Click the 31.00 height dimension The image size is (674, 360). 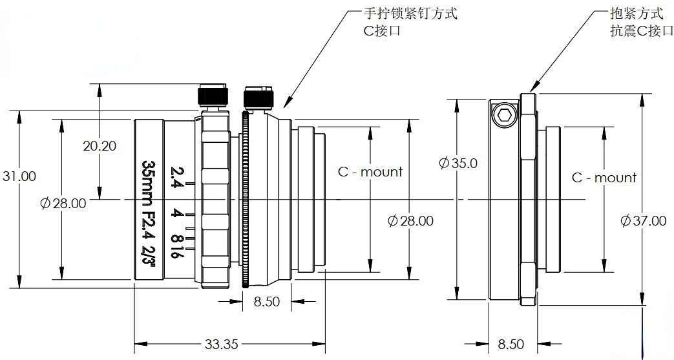pos(19,176)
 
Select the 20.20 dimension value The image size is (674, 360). pos(100,145)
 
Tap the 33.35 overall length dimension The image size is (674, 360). pos(222,344)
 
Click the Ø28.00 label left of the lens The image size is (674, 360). pos(63,203)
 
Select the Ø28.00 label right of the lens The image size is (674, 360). pos(410,220)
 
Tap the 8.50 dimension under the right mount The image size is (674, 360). pos(511,344)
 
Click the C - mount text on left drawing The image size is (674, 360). pos(370,171)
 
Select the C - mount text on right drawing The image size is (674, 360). pos(604,177)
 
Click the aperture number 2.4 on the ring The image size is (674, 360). pos(175,176)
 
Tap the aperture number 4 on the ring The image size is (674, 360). pos(175,214)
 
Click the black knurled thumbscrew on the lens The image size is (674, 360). pos(257,98)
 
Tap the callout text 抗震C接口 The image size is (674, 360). pos(637,30)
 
